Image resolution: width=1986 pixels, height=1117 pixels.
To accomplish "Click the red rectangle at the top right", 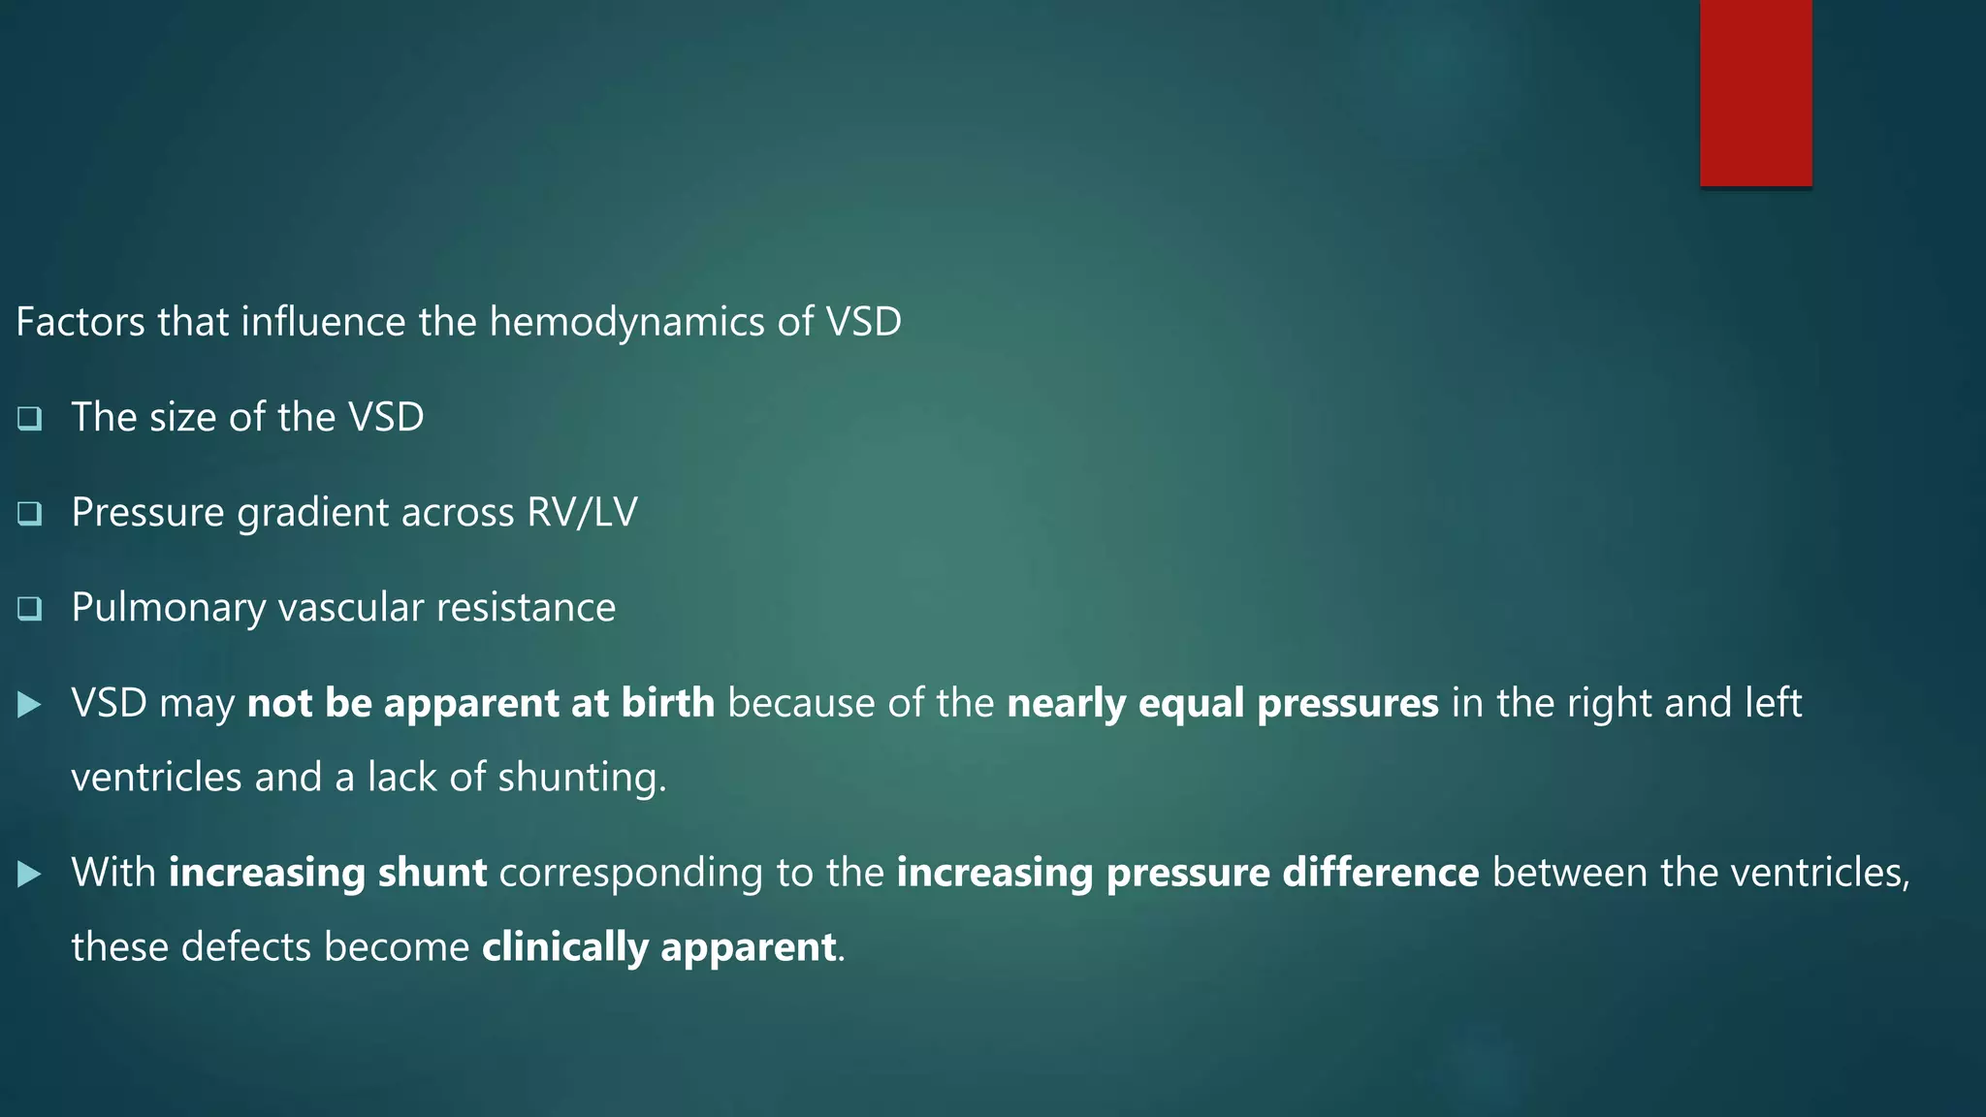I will pos(1755,93).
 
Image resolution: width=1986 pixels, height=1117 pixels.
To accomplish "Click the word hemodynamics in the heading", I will pos(626,322).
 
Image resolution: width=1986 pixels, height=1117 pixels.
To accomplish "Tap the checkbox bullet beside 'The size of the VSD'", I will pos(30,419).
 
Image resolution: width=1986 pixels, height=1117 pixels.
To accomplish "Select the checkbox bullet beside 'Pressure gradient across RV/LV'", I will pos(30,514).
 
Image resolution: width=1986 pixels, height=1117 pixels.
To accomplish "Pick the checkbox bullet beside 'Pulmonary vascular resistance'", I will pos(30,609).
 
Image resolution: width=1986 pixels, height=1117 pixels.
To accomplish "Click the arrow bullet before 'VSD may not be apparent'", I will pos(30,705).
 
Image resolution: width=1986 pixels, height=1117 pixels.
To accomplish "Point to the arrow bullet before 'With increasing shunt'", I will pos(30,875).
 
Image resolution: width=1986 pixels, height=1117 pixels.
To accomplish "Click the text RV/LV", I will pos(582,513).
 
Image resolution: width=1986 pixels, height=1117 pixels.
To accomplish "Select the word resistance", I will pos(526,608).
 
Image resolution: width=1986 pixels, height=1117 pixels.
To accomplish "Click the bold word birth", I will pos(668,703).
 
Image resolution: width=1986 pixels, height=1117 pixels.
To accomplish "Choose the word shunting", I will pos(581,778).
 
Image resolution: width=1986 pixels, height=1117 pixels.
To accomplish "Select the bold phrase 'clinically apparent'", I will pos(659,947).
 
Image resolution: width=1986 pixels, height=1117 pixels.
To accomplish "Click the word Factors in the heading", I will pos(80,322).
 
